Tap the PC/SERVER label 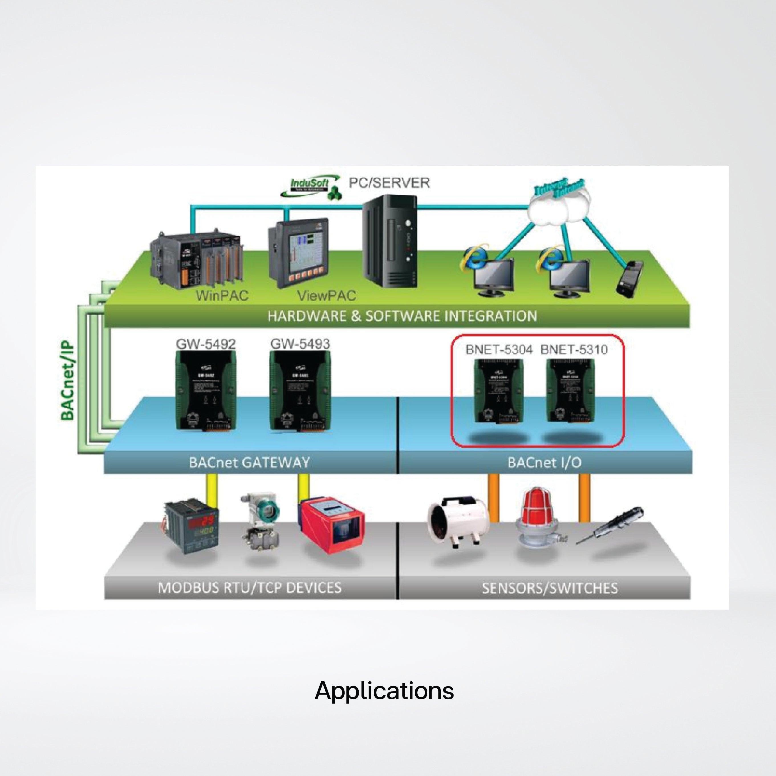389,183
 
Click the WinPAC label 222,296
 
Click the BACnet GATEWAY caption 249,462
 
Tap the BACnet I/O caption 544,463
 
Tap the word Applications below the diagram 384,691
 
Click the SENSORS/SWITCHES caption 549,588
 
